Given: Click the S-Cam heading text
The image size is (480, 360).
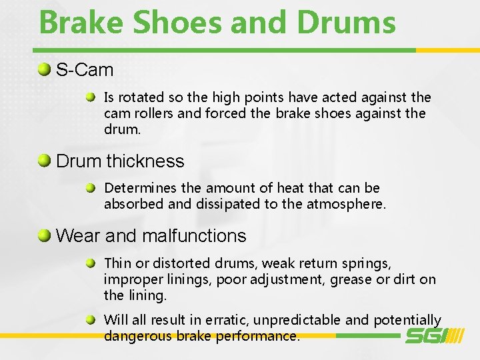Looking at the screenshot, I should pyautogui.click(x=85, y=70).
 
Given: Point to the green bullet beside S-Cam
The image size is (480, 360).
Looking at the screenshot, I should pyautogui.click(x=45, y=69).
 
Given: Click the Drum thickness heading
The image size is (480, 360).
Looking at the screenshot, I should pyautogui.click(x=120, y=161).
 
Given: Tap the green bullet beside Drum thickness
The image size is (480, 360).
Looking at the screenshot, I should pyautogui.click(x=45, y=161).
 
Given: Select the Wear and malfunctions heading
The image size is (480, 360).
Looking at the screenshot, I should pyautogui.click(x=151, y=236).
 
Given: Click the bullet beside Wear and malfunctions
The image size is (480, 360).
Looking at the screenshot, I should pyautogui.click(x=45, y=235).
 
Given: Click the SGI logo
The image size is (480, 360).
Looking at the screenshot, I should pyautogui.click(x=434, y=335).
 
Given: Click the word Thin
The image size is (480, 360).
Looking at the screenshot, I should pyautogui.click(x=117, y=263).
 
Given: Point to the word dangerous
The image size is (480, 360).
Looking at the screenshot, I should pyautogui.click(x=138, y=337).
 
